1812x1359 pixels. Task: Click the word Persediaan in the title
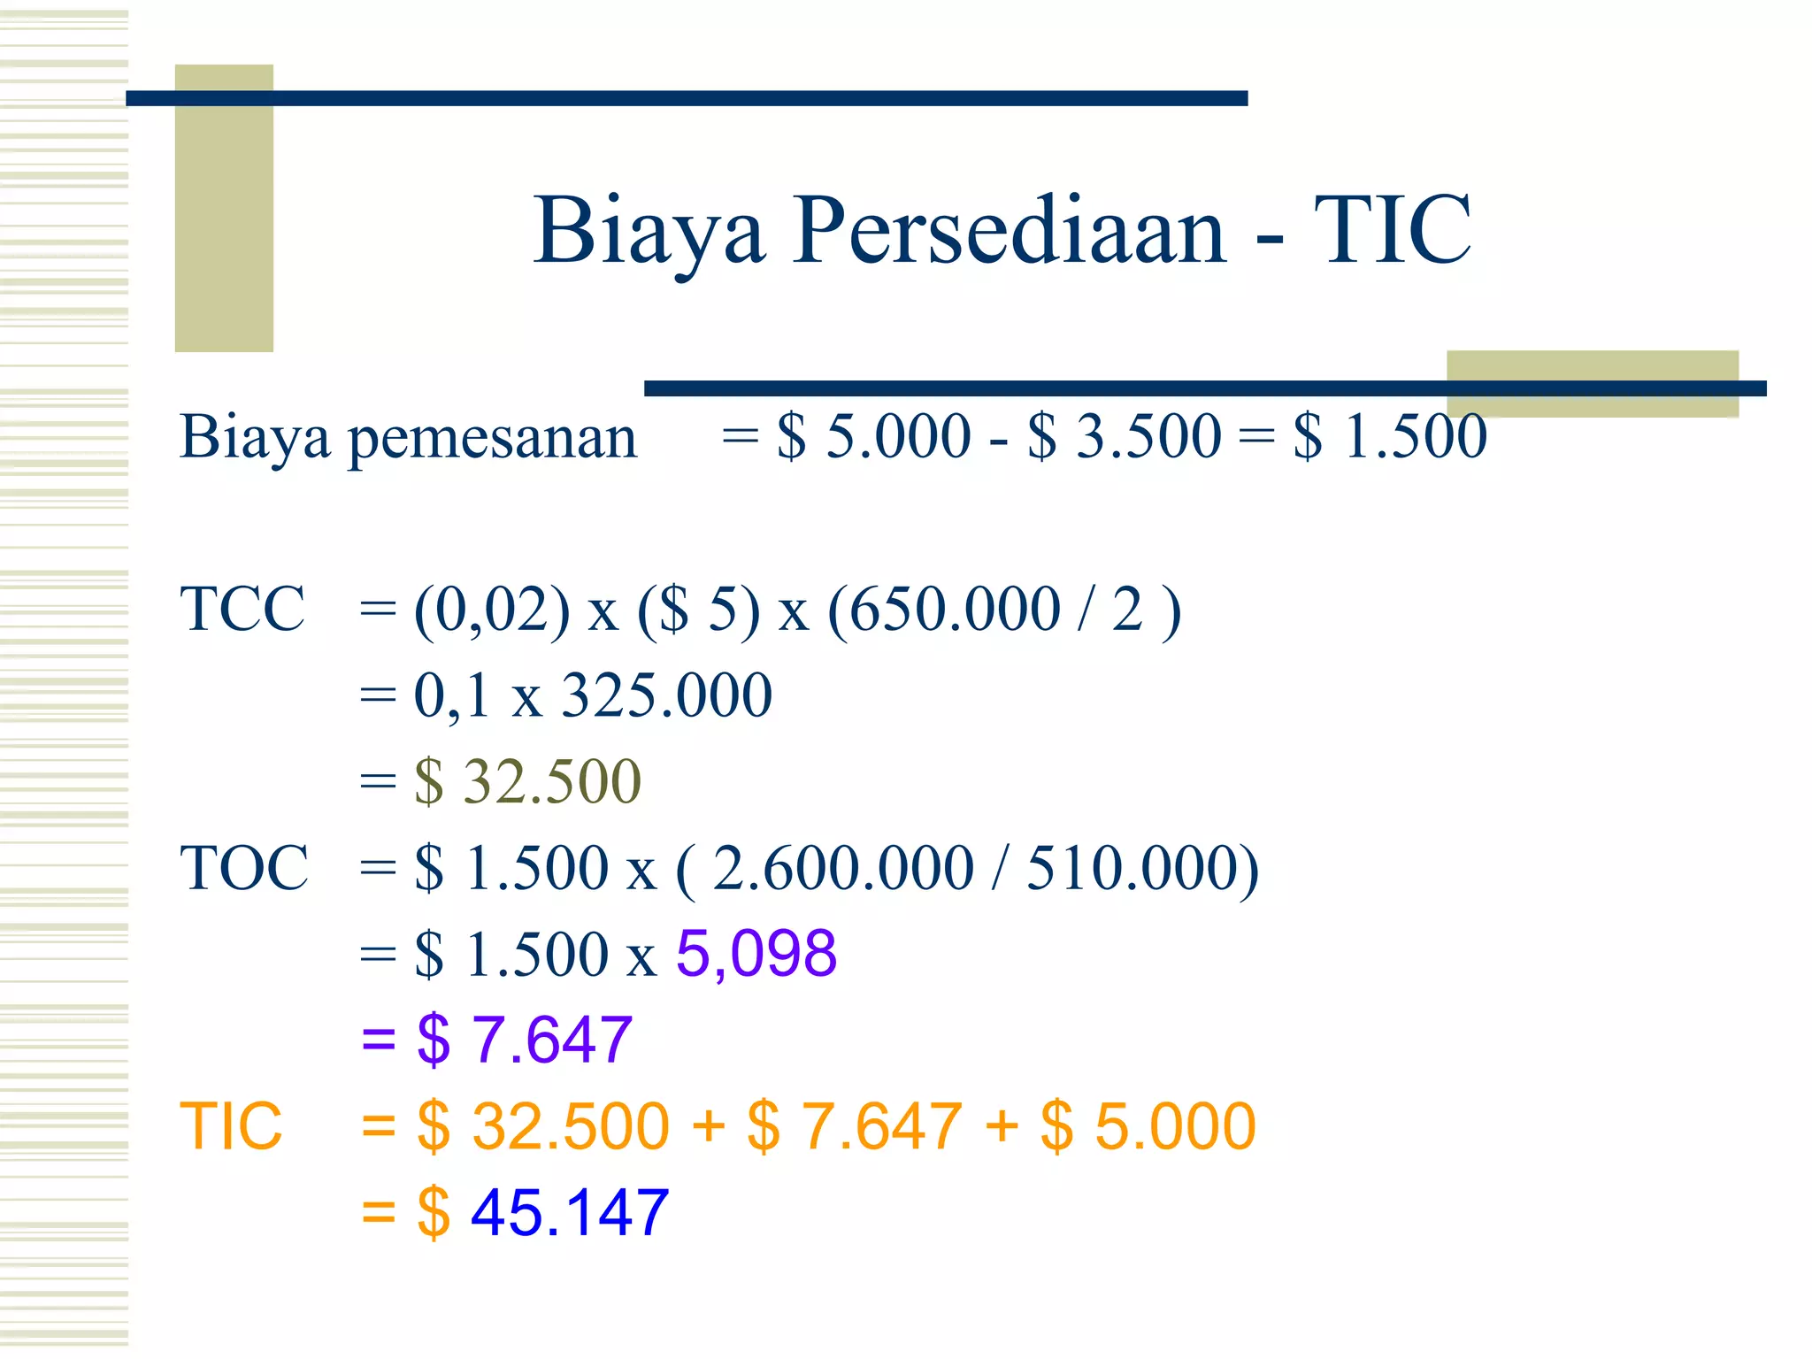[x=1009, y=232]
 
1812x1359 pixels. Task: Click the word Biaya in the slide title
[x=649, y=232]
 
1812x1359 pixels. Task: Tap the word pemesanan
[x=492, y=439]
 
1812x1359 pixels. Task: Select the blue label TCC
[x=242, y=610]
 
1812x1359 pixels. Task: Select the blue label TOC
[x=244, y=868]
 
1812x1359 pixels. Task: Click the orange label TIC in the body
[x=231, y=1127]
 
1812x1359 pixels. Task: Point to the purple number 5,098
[x=756, y=955]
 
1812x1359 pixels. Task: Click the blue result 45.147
[x=569, y=1213]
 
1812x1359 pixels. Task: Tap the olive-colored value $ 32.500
[x=527, y=782]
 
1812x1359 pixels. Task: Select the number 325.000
[x=667, y=695]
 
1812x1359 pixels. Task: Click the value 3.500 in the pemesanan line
[x=1148, y=437]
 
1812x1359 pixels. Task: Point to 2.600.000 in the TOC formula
[x=843, y=868]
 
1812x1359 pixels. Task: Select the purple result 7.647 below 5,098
[x=551, y=1040]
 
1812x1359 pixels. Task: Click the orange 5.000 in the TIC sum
[x=1175, y=1127]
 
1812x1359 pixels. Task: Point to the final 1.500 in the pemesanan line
[x=1415, y=437]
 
